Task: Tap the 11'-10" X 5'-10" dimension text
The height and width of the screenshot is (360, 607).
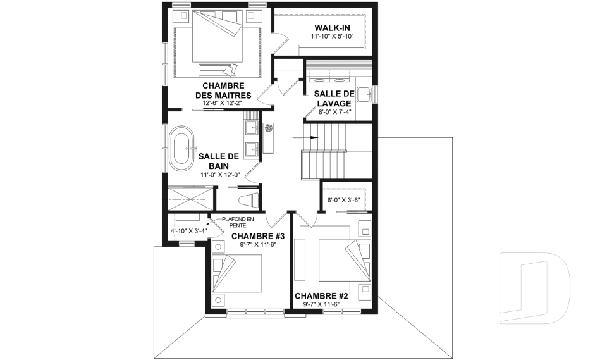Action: pyautogui.click(x=332, y=36)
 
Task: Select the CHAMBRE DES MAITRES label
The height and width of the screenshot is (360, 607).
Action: pyautogui.click(x=223, y=90)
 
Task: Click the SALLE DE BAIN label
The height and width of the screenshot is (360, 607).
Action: pyautogui.click(x=219, y=161)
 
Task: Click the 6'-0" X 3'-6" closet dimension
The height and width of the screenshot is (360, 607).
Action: pyautogui.click(x=344, y=201)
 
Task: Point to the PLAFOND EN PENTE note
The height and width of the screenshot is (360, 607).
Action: pyautogui.click(x=237, y=222)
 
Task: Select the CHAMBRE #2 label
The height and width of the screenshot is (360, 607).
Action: pyautogui.click(x=321, y=296)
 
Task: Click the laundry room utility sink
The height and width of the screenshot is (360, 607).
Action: pyautogui.click(x=364, y=94)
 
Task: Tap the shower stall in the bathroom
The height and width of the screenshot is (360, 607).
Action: pyautogui.click(x=191, y=199)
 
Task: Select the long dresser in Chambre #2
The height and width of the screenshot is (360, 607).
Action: pyautogui.click(x=300, y=259)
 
